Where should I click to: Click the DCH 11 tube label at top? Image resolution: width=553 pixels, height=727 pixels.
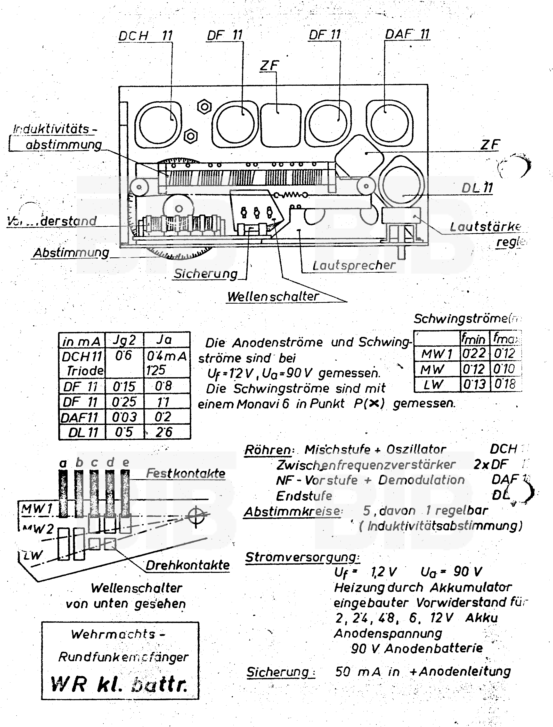coord(145,36)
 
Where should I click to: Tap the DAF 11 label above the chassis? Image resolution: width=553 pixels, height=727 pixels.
coord(407,34)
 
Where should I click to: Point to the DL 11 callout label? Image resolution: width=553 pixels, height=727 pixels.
coord(477,188)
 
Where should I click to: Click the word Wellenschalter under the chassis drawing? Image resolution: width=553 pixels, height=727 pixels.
coord(273,296)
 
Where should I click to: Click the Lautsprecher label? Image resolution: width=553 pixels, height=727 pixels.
coord(354,265)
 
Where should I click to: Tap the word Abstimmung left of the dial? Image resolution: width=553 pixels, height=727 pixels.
coord(71,253)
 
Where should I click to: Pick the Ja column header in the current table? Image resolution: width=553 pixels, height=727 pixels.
coord(164,339)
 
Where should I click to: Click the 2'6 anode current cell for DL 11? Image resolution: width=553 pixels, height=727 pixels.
coord(164,432)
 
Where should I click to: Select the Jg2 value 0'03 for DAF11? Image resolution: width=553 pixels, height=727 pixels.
coord(124,417)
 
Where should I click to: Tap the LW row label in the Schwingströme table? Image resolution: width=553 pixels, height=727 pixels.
coord(433,384)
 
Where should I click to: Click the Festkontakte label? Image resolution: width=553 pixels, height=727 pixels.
coord(186,473)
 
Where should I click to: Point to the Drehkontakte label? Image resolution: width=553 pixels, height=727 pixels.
coord(188,565)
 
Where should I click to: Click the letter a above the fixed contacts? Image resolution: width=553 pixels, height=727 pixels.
coord(63,463)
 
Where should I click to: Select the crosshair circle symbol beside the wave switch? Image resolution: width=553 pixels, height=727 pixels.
coord(196,516)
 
